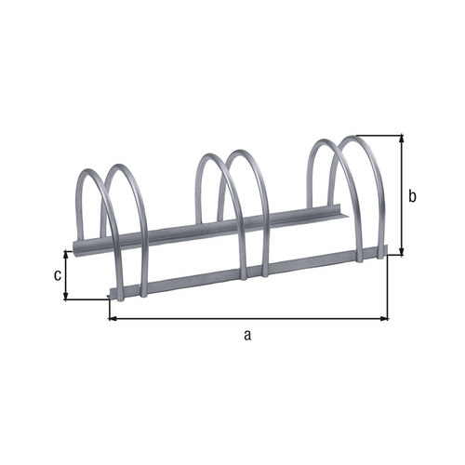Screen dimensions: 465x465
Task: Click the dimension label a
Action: click(247, 335)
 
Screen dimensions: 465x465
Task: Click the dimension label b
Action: click(412, 196)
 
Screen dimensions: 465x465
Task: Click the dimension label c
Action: click(58, 275)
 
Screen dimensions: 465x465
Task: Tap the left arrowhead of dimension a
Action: click(113, 318)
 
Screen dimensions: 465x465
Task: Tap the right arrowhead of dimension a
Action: click(384, 318)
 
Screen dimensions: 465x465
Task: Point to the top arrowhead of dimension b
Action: click(402, 139)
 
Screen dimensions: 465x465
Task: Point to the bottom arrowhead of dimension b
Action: click(402, 252)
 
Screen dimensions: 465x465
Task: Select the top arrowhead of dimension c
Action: click(65, 254)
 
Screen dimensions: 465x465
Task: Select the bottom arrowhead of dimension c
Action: click(65, 296)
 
